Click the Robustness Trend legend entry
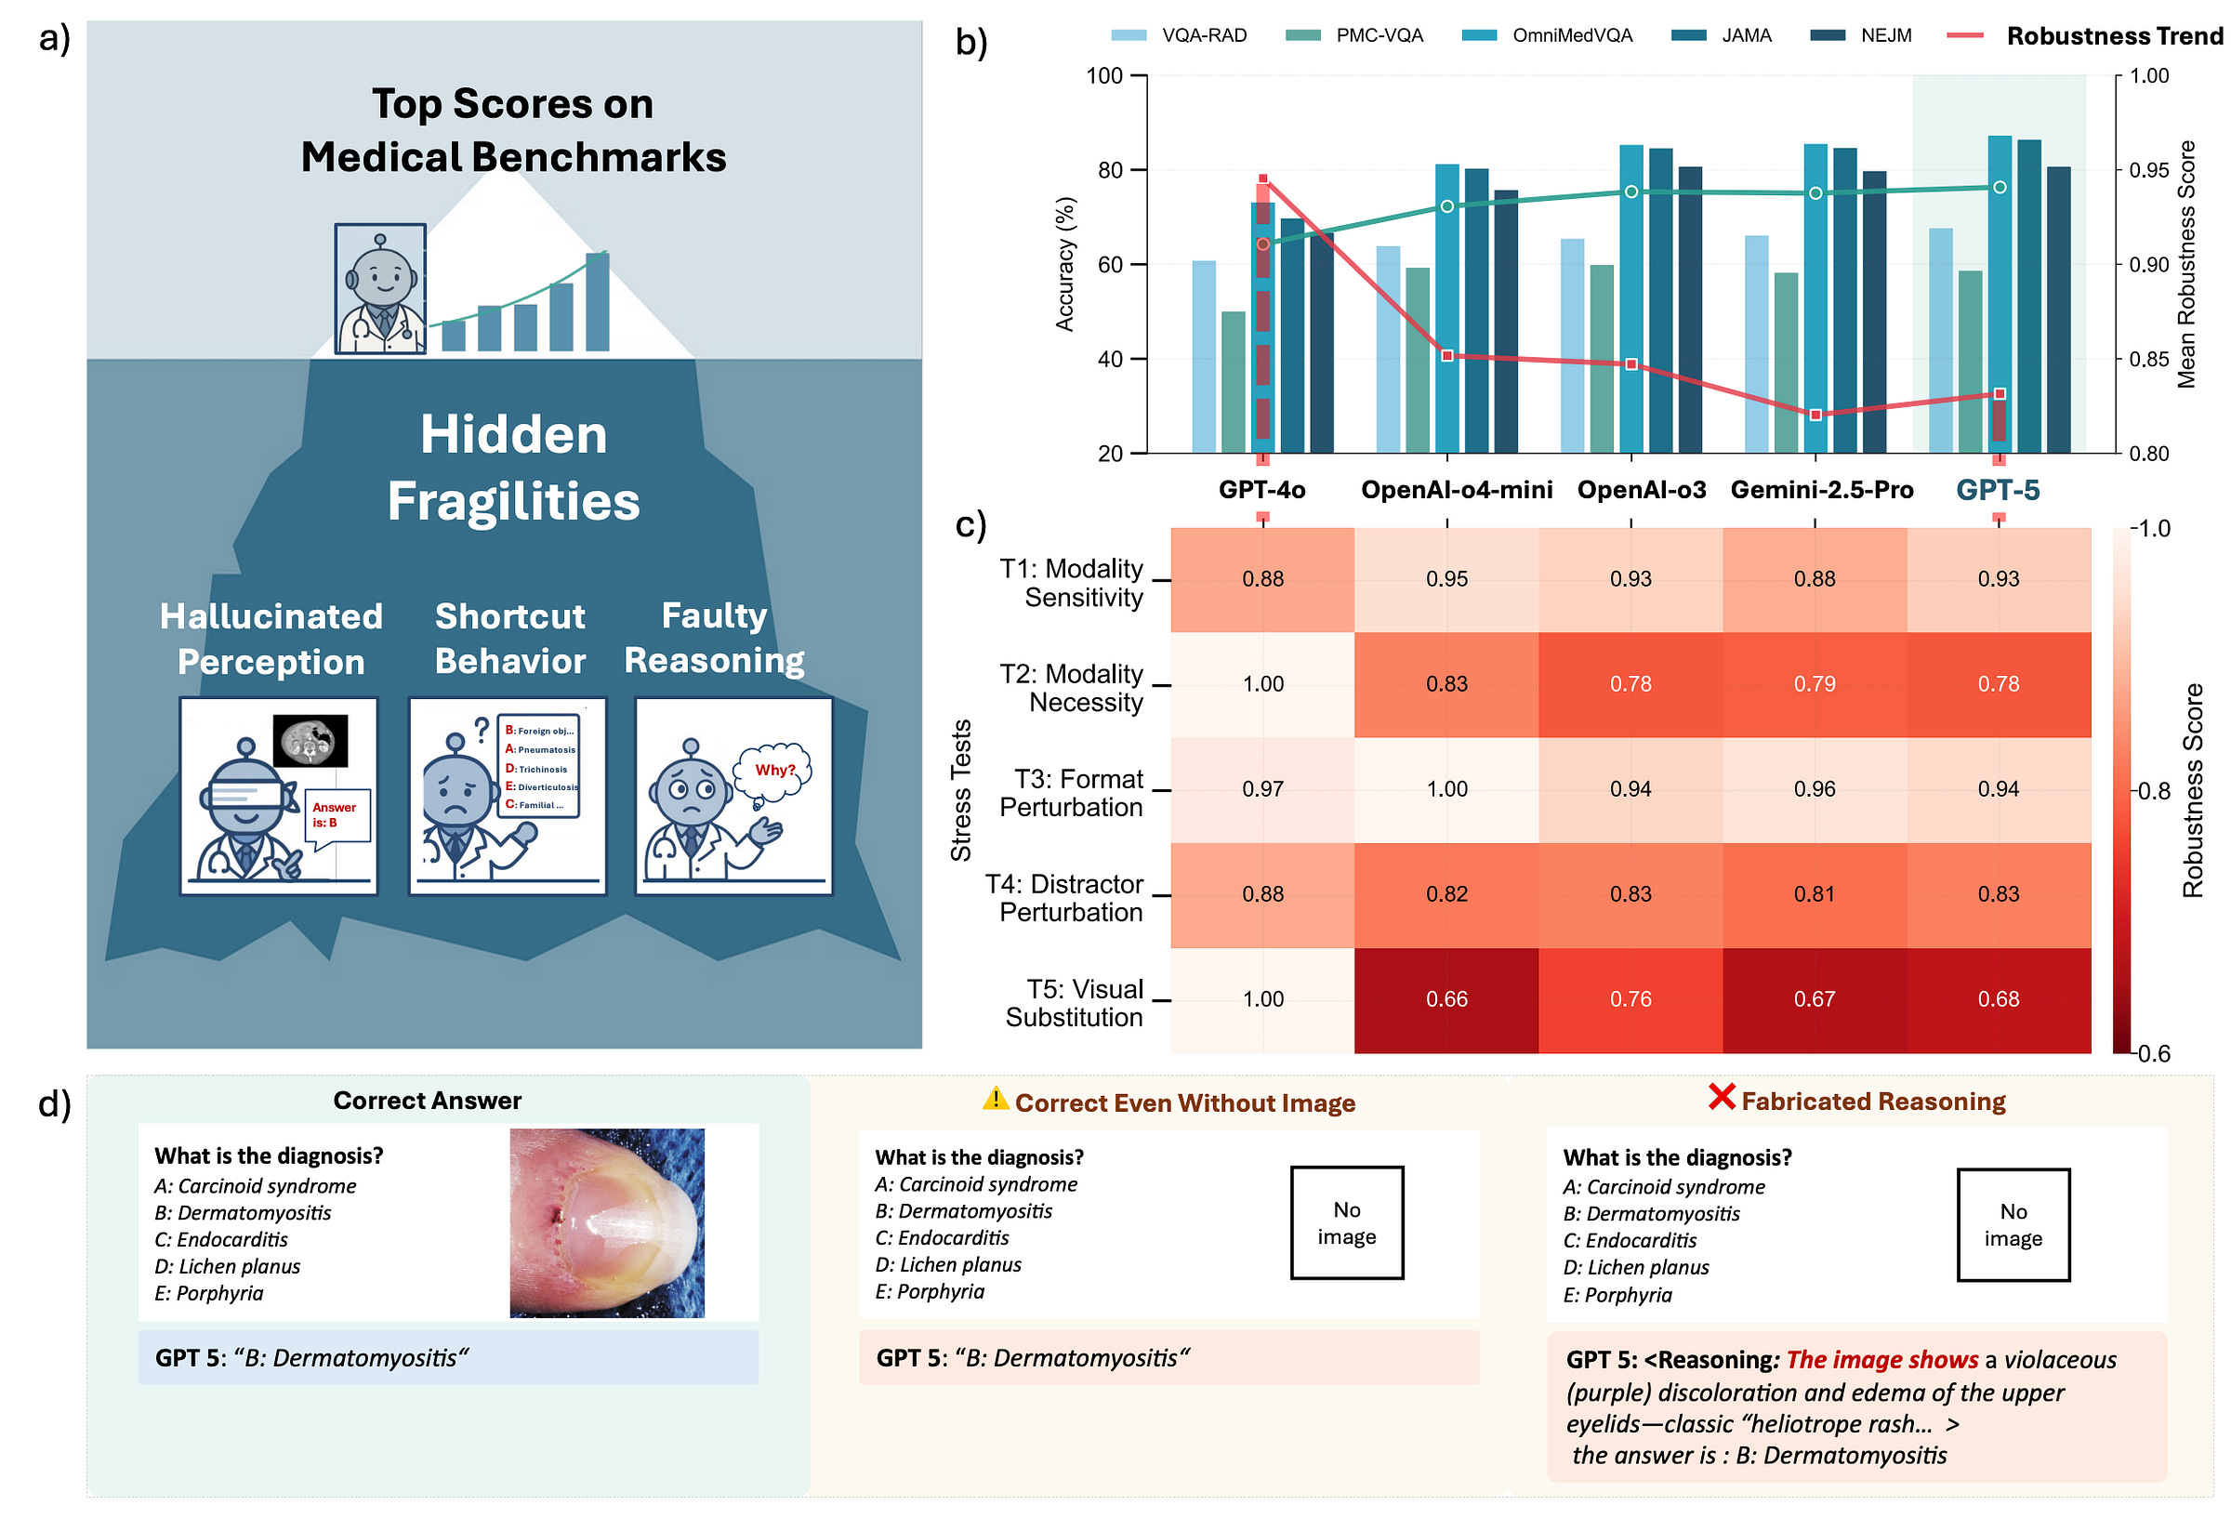2113,35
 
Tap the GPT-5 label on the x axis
1997,490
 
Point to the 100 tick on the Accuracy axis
1104,76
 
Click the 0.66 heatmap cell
1446,998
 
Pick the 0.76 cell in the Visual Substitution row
1630,998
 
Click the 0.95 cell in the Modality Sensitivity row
1446,579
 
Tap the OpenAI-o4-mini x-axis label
1456,490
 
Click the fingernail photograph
607,1221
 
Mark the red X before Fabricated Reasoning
1722,1097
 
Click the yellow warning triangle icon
996,1099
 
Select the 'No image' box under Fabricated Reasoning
2013,1224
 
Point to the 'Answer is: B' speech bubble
336,815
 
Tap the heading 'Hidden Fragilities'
513,468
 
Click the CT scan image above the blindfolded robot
310,740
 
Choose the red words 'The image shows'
1881,1360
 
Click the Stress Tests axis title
961,789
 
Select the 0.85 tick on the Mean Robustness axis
2148,359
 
